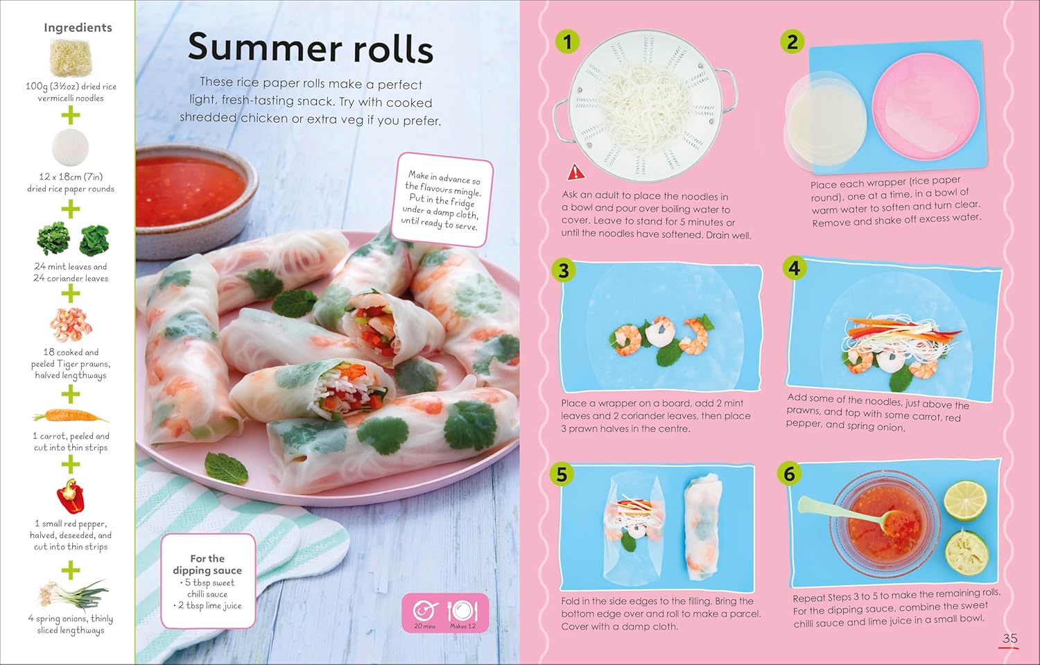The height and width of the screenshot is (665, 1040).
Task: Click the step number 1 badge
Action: click(x=567, y=42)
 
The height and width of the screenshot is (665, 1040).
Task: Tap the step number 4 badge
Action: click(x=794, y=268)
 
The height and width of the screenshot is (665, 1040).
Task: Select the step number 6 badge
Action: click(x=789, y=474)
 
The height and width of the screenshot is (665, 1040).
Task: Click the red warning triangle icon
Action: click(x=575, y=172)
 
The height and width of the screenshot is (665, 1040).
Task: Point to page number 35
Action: click(x=1009, y=639)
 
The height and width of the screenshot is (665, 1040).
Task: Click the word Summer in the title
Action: click(x=264, y=47)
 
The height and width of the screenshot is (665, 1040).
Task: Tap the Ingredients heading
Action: click(x=78, y=28)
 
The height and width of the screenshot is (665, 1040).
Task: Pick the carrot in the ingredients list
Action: click(x=71, y=415)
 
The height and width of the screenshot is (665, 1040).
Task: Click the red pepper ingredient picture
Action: click(x=71, y=496)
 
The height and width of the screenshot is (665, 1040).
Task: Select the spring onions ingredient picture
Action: click(x=73, y=594)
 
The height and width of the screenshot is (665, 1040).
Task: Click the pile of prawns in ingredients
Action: click(x=71, y=324)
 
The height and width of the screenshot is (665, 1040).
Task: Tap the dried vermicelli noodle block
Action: click(x=71, y=58)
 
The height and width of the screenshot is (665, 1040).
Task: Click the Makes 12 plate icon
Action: click(x=462, y=611)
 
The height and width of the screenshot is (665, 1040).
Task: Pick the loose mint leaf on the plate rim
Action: click(x=226, y=468)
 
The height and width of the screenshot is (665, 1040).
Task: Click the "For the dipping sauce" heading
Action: click(x=207, y=564)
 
